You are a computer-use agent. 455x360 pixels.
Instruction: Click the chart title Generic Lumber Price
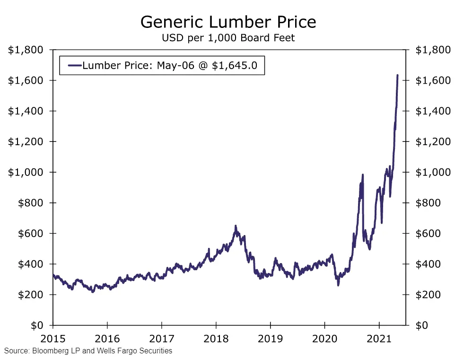click(228, 22)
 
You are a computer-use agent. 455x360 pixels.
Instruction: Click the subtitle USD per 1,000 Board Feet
click(228, 38)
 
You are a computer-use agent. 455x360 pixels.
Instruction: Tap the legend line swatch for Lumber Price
click(74, 66)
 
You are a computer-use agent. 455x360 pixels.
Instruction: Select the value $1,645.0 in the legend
click(235, 66)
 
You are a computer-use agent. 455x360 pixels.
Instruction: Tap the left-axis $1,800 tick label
click(26, 50)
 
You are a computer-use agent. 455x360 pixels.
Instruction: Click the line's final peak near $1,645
click(397, 75)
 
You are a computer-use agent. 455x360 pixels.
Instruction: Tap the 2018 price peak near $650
click(236, 227)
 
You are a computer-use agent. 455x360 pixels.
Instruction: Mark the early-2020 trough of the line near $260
click(338, 285)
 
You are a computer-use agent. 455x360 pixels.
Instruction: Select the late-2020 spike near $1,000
click(363, 175)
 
